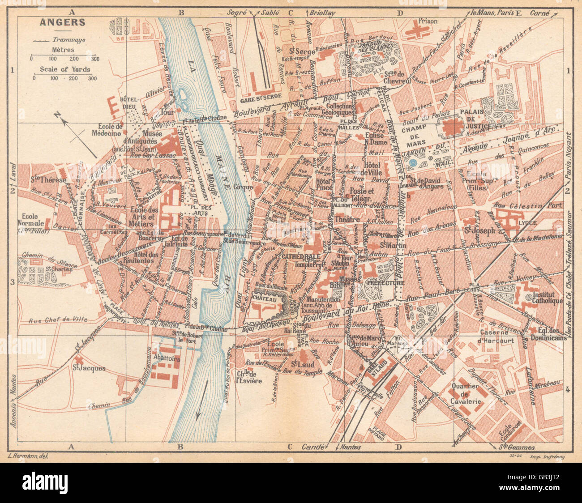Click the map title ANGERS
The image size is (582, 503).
pyautogui.click(x=56, y=21)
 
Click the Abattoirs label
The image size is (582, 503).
pyautogui.click(x=166, y=358)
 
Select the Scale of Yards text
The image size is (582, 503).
pyautogui.click(x=65, y=69)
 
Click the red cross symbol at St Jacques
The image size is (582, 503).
pyautogui.click(x=79, y=359)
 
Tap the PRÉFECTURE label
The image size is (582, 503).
pyautogui.click(x=385, y=283)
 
